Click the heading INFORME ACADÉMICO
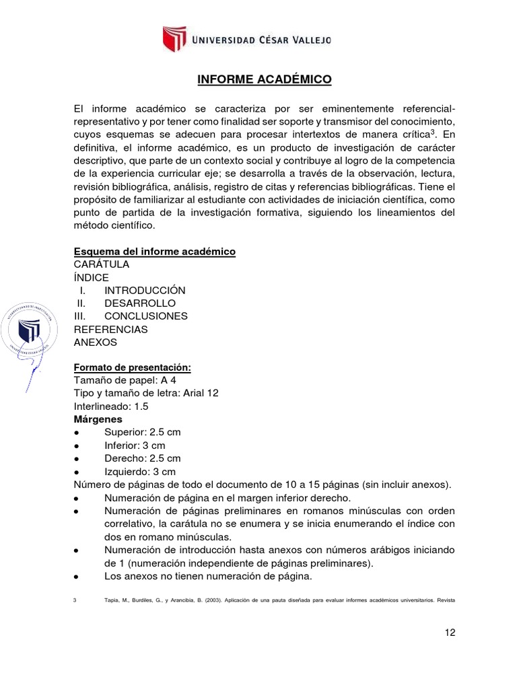(265, 80)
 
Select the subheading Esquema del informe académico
(154, 251)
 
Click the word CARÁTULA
(101, 264)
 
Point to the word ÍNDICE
(91, 277)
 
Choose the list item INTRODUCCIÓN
(145, 290)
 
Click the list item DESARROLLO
(140, 303)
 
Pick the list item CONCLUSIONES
(146, 316)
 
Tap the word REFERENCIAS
(110, 329)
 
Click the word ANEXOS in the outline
(96, 342)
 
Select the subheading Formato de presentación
(133, 367)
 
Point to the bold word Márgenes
(98, 419)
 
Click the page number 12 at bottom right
(450, 633)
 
